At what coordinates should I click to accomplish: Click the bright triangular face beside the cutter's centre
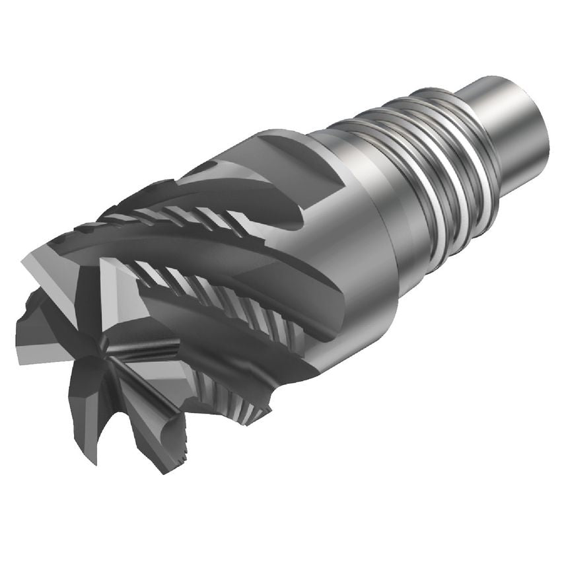coord(122,291)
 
